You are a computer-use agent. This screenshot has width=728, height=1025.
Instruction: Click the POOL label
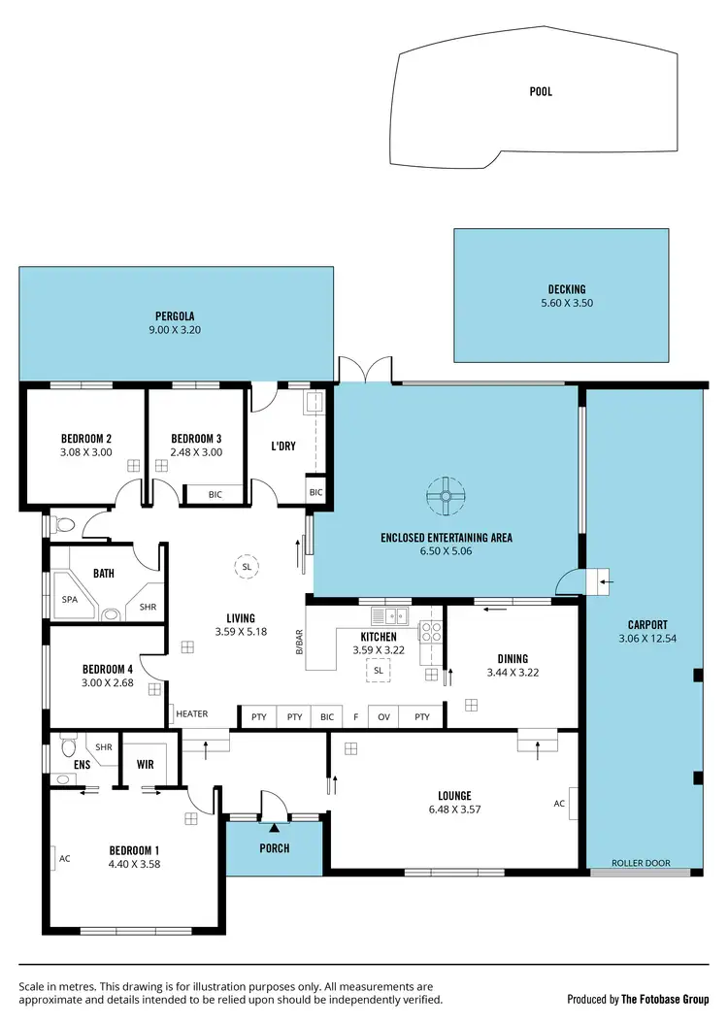click(x=541, y=92)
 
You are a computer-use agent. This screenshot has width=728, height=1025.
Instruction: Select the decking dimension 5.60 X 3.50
click(x=567, y=304)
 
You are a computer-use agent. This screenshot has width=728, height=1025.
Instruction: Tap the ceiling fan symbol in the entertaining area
click(x=446, y=496)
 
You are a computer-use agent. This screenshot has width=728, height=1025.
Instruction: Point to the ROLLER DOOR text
click(x=641, y=862)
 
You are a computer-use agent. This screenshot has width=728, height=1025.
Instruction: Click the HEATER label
click(x=192, y=714)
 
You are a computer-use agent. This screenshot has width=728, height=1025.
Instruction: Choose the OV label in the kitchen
click(x=383, y=717)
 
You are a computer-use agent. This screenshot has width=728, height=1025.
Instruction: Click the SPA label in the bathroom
click(x=70, y=600)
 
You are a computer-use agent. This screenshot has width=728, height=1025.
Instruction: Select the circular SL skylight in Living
click(x=247, y=566)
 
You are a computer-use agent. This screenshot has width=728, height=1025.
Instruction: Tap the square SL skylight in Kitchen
click(x=379, y=670)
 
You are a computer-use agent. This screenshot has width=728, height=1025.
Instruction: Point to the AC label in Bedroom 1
click(x=65, y=858)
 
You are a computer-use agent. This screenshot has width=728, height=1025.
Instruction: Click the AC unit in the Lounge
click(x=573, y=804)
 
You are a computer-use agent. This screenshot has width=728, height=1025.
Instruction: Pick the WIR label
click(x=147, y=764)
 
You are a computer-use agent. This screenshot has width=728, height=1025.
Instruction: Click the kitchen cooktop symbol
click(x=430, y=632)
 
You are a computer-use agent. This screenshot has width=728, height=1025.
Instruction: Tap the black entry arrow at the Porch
click(x=274, y=827)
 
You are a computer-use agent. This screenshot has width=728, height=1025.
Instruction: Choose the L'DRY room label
click(x=283, y=446)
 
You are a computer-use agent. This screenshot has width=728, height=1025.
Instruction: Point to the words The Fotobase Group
click(x=666, y=998)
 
